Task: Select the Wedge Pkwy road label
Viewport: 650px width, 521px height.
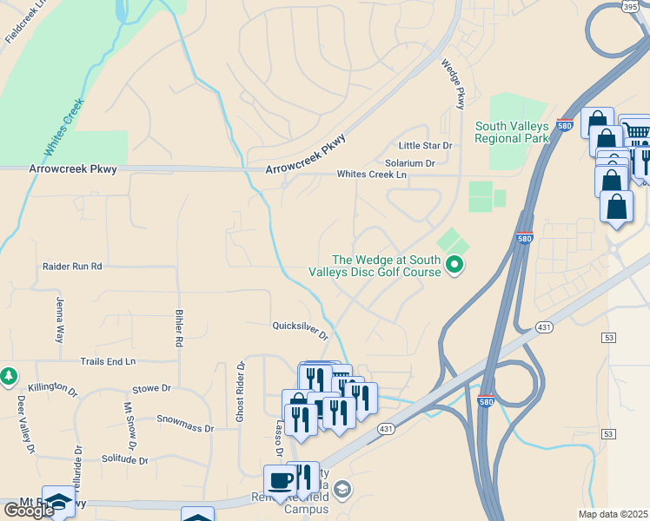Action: click(x=454, y=83)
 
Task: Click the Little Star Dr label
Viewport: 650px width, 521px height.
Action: click(x=426, y=145)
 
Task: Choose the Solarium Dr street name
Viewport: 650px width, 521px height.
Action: click(x=410, y=162)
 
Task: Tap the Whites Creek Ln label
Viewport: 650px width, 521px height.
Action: click(x=372, y=175)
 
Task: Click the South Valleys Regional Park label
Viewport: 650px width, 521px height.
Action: click(x=512, y=132)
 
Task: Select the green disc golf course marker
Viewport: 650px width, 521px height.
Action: click(x=454, y=264)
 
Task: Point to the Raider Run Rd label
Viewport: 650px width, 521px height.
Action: click(x=72, y=266)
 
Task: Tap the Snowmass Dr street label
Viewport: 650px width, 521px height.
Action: click(x=185, y=423)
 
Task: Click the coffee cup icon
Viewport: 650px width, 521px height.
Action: click(x=280, y=479)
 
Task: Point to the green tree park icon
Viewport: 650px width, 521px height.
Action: click(x=9, y=376)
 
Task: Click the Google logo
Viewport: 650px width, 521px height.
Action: click(x=29, y=511)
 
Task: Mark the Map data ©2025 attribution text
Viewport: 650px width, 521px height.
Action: click(x=613, y=514)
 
